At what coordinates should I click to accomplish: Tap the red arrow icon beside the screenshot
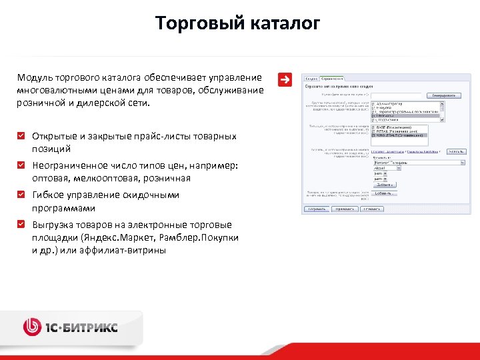285,79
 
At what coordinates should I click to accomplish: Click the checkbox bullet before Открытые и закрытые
23,136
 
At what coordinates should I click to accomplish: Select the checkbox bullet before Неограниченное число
23,165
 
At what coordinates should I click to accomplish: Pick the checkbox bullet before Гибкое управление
23,195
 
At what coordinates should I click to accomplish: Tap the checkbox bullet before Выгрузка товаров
23,225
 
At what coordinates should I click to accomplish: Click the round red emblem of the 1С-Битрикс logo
32,327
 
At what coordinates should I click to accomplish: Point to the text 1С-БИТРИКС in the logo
81,327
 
